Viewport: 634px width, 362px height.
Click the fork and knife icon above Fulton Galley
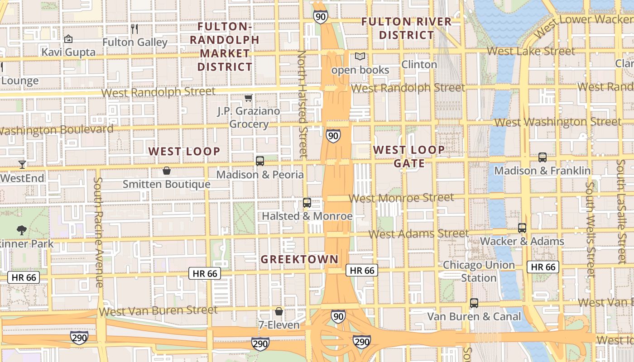coord(134,29)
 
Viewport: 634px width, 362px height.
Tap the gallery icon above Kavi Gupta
coord(68,39)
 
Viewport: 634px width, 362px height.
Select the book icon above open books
coord(360,57)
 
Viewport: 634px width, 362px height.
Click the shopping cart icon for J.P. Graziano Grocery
coord(248,98)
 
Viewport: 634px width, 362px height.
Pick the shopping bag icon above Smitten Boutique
coord(167,171)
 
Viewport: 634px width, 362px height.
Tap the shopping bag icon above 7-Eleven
coord(279,311)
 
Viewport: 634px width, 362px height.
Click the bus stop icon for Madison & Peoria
coord(260,161)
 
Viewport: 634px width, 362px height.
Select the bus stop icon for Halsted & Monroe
coord(307,203)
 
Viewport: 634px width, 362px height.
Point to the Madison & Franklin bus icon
coord(542,157)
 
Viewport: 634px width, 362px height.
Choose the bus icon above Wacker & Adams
coord(522,228)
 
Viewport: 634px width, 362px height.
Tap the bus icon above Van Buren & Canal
coord(474,303)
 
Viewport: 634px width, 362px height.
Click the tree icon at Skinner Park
coord(21,230)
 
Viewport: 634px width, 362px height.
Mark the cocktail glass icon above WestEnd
coord(22,164)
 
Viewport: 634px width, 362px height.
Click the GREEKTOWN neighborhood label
coord(299,259)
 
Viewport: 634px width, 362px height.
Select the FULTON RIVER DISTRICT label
coord(406,28)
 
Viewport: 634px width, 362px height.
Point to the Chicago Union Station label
coord(479,271)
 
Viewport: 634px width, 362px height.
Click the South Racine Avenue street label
coord(99,232)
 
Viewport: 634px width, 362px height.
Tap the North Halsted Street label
coord(302,104)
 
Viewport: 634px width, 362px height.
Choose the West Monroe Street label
coord(401,198)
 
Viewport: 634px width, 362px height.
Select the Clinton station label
coord(419,64)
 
